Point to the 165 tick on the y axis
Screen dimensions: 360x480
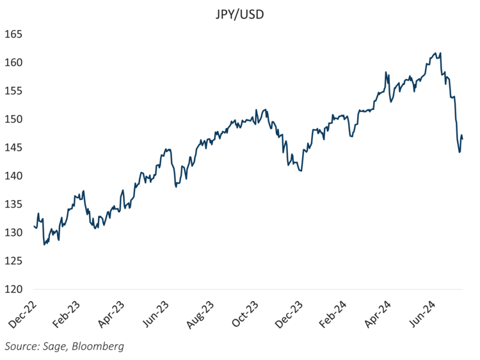pos(13,34)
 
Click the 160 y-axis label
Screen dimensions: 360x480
pos(13,63)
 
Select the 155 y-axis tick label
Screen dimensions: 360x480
pos(13,91)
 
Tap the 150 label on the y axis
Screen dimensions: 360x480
pos(13,119)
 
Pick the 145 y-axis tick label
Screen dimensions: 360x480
pos(13,148)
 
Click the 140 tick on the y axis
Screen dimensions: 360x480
pos(13,176)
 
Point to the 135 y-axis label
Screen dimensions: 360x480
pos(13,204)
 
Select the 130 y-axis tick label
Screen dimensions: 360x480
pos(13,233)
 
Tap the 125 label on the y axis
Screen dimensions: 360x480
pos(13,261)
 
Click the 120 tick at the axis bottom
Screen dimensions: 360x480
pos(13,289)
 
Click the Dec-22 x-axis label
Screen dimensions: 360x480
pos(23,315)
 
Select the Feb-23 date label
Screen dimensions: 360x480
pos(68,315)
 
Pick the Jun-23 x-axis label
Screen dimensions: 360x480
pos(159,315)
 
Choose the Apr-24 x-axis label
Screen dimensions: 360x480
pos(384,315)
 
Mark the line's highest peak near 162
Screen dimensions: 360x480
pos(435,53)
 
